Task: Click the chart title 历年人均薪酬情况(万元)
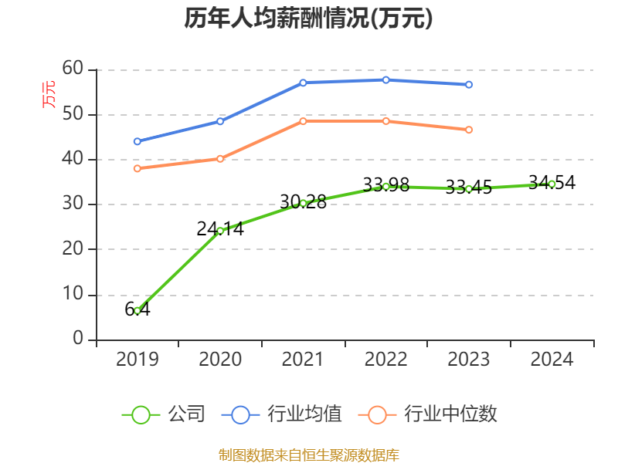tap(308, 19)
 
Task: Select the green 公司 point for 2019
tap(138, 310)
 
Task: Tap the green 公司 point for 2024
tap(552, 184)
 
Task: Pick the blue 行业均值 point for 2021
tap(303, 83)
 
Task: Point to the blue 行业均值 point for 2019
tap(138, 141)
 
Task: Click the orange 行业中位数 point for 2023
tap(469, 130)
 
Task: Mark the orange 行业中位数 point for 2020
tap(220, 159)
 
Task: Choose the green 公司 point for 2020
tap(220, 230)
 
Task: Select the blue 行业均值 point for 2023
tap(469, 84)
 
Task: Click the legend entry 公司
tap(165, 414)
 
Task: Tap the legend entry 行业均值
tap(283, 414)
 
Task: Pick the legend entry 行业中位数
tap(430, 414)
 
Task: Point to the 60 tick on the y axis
tap(73, 69)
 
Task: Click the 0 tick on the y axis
tap(78, 339)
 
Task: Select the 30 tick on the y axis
tap(73, 204)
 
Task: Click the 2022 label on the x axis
tap(385, 360)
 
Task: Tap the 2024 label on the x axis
tap(552, 360)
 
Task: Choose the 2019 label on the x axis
tap(138, 360)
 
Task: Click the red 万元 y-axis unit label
tap(49, 94)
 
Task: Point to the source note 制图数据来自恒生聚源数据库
tap(308, 455)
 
